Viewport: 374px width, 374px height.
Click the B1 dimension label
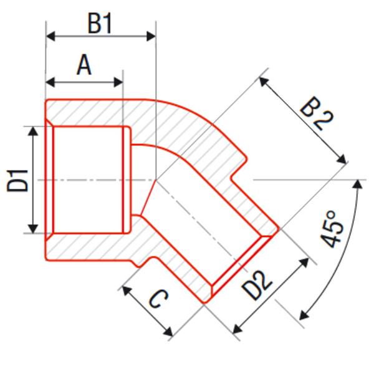point(100,24)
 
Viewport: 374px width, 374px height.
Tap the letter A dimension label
point(84,65)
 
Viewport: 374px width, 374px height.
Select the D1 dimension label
point(17,180)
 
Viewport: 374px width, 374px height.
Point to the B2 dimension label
point(317,113)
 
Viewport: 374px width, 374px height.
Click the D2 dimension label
point(257,285)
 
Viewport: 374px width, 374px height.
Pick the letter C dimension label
point(158,299)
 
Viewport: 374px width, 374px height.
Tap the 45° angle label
point(332,229)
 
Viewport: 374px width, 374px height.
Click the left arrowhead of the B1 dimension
point(50,36)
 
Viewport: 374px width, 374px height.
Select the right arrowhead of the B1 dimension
point(151,36)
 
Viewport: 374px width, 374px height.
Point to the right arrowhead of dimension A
point(118,82)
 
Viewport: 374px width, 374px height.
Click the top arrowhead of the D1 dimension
point(33,131)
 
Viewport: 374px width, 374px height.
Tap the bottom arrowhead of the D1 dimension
point(33,228)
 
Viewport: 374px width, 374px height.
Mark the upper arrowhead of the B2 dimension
point(264,82)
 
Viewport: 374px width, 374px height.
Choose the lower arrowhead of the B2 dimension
point(342,160)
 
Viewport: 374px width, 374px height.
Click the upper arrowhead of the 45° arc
point(357,184)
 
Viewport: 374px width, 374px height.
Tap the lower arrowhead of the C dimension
point(168,332)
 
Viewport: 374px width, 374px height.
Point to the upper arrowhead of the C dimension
point(127,290)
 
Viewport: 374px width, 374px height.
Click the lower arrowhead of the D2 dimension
point(237,329)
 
